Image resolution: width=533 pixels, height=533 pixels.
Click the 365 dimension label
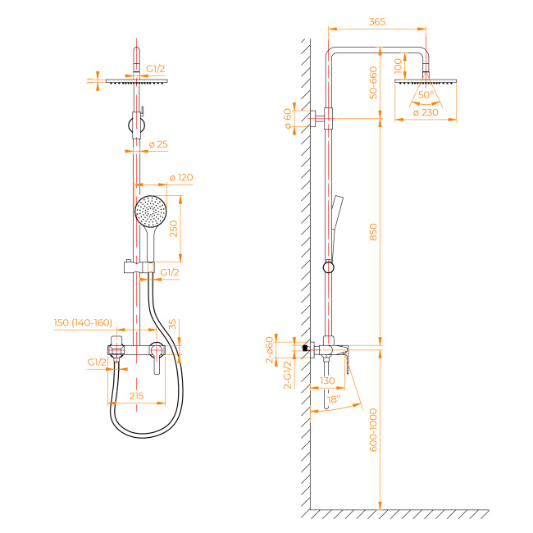[377, 22]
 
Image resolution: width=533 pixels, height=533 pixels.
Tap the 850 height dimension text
[373, 232]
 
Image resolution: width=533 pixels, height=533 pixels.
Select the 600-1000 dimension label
[373, 430]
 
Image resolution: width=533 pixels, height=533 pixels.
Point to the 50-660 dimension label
[373, 83]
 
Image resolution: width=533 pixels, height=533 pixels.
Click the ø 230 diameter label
[426, 112]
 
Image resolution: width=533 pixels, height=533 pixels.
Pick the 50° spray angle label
[426, 94]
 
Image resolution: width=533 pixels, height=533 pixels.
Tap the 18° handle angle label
[334, 399]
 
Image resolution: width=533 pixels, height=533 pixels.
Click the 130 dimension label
[327, 380]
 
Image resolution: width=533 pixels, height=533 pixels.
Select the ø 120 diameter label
[181, 177]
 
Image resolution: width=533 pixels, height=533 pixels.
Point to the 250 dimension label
[173, 229]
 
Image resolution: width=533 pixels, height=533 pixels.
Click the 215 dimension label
[136, 396]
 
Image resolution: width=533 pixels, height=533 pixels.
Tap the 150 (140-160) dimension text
[83, 322]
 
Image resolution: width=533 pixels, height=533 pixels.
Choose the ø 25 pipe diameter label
[158, 144]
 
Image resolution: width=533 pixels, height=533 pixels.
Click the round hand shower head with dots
[151, 211]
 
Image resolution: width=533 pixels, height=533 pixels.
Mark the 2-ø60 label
[269, 350]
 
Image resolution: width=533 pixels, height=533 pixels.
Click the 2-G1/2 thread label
[288, 375]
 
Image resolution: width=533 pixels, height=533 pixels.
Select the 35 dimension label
[172, 324]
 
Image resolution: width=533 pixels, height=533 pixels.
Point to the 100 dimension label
[398, 66]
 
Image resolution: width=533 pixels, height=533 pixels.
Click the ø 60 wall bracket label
[288, 119]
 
